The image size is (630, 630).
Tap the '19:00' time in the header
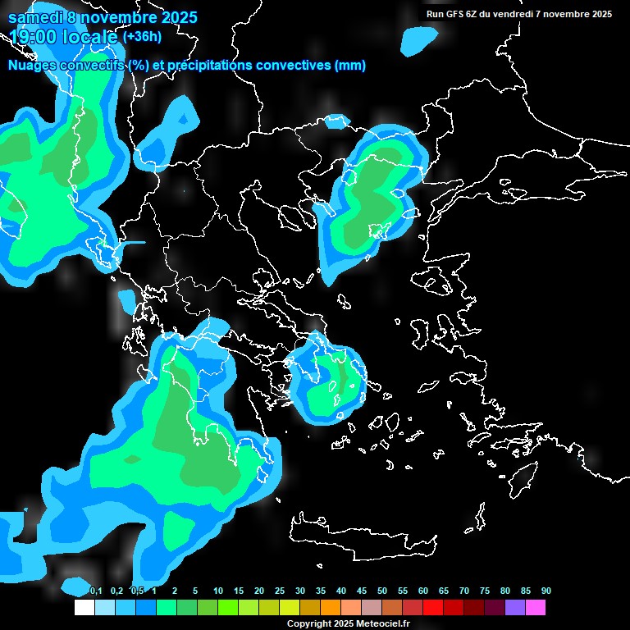click(32, 36)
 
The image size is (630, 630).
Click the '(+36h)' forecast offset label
click(142, 36)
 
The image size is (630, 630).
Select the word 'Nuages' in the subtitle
click(33, 66)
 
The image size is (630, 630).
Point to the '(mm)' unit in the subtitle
click(350, 66)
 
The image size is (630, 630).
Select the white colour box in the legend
click(84, 607)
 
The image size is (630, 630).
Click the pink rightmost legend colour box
click(536, 607)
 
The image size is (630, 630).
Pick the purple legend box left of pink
click(515, 607)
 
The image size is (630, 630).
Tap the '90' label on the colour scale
click(546, 591)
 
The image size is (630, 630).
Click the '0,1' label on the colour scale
click(96, 591)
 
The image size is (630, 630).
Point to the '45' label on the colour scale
click(362, 591)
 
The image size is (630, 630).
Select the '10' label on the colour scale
click(218, 591)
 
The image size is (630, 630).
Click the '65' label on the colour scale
click(444, 591)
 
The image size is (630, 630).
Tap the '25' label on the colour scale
click(280, 591)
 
